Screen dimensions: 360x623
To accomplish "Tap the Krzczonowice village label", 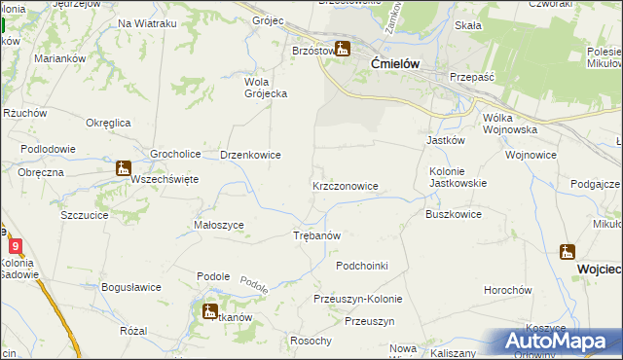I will click(x=345, y=185).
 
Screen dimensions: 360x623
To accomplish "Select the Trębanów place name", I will click(x=316, y=236).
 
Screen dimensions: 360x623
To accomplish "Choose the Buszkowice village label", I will click(x=453, y=214).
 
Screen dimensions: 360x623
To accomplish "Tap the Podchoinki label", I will click(x=361, y=266).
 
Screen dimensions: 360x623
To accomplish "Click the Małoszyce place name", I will click(x=219, y=225).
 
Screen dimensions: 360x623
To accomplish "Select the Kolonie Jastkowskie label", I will click(x=458, y=176).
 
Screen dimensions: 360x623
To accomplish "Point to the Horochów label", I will click(x=508, y=290).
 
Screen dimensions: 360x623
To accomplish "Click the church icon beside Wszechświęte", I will click(x=123, y=168).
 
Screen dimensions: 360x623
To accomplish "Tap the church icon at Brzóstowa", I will click(x=342, y=49).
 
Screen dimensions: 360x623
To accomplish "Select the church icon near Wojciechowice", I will click(x=568, y=252).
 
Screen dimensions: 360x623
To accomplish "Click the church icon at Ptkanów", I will click(x=209, y=311).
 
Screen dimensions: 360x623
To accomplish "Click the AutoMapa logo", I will click(x=560, y=342).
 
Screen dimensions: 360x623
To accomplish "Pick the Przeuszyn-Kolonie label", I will click(x=355, y=299).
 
